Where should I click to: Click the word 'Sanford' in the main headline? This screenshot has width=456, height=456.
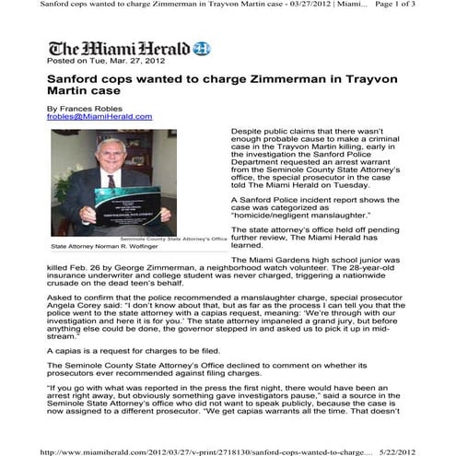[76, 80]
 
